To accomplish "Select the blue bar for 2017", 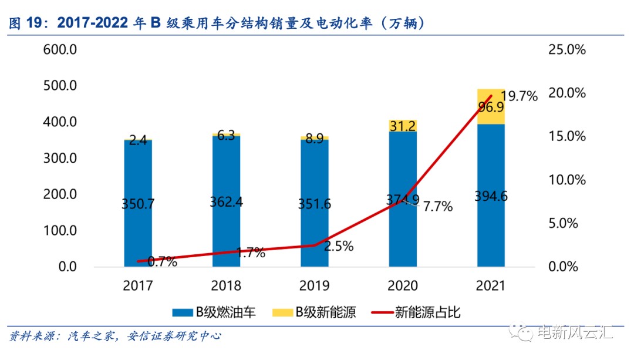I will pyautogui.click(x=138, y=176).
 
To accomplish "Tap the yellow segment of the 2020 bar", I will pyautogui.click(x=403, y=126).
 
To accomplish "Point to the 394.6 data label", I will pyautogui.click(x=491, y=196).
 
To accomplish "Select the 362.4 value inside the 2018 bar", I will pyautogui.click(x=226, y=202).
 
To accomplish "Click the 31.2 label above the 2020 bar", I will pyautogui.click(x=403, y=125).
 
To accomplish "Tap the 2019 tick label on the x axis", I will pyautogui.click(x=314, y=286).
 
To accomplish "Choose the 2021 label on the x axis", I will pyautogui.click(x=491, y=286).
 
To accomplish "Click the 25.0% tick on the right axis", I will pyautogui.click(x=566, y=50).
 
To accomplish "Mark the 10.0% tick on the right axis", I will pyautogui.click(x=566, y=180).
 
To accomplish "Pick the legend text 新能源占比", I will pyautogui.click(x=428, y=312).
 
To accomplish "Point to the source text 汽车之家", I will pyautogui.click(x=89, y=337).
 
